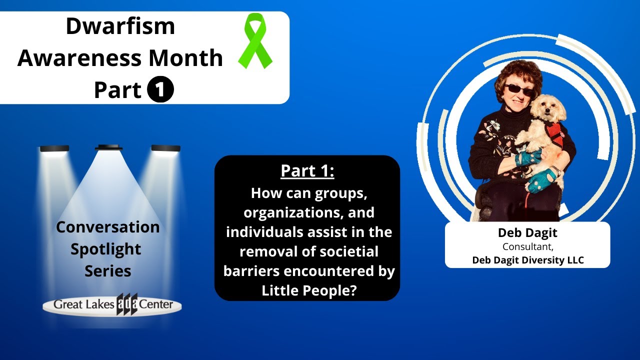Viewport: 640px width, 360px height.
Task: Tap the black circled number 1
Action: click(x=161, y=90)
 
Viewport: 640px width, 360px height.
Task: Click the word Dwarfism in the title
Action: click(x=120, y=26)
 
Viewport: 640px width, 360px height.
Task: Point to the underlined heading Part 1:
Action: click(x=307, y=170)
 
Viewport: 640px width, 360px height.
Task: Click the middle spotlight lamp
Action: click(x=109, y=147)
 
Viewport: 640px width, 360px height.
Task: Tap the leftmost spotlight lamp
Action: click(x=54, y=148)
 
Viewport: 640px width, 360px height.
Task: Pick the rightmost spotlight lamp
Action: click(x=165, y=148)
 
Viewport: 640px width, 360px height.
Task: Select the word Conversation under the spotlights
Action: click(x=108, y=227)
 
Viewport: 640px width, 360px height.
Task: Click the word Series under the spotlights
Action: click(x=107, y=271)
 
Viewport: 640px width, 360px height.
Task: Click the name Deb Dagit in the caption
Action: click(x=527, y=232)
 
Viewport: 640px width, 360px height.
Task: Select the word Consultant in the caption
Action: click(x=526, y=246)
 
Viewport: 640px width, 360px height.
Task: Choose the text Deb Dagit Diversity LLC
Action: click(x=528, y=260)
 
